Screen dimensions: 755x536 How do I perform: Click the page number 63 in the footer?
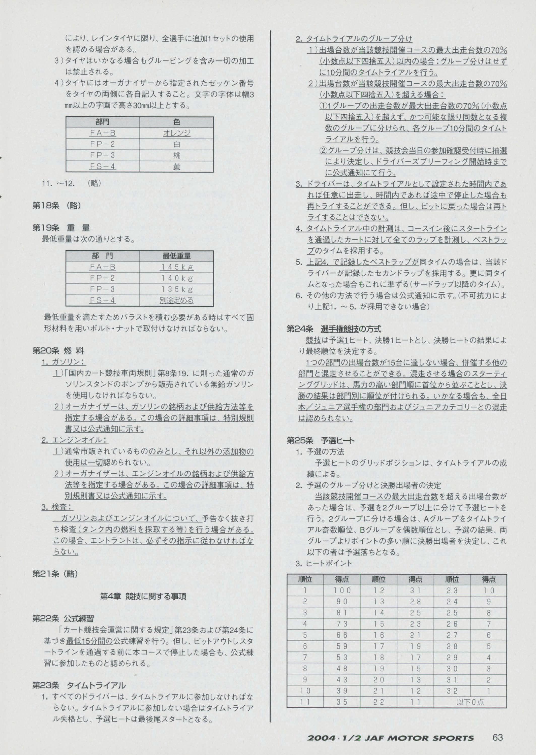497,737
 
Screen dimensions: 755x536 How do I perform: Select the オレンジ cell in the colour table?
177,133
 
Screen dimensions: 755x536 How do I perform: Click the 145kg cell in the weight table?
177,267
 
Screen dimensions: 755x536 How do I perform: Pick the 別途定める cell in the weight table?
177,300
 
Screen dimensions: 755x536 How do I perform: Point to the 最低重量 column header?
177,256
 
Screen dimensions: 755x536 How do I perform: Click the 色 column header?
177,122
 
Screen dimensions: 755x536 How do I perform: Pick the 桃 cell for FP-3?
177,155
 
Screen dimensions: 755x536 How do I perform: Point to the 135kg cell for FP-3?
177,289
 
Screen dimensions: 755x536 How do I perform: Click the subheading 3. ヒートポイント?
324,563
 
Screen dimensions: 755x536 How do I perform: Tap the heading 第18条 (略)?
56,205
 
